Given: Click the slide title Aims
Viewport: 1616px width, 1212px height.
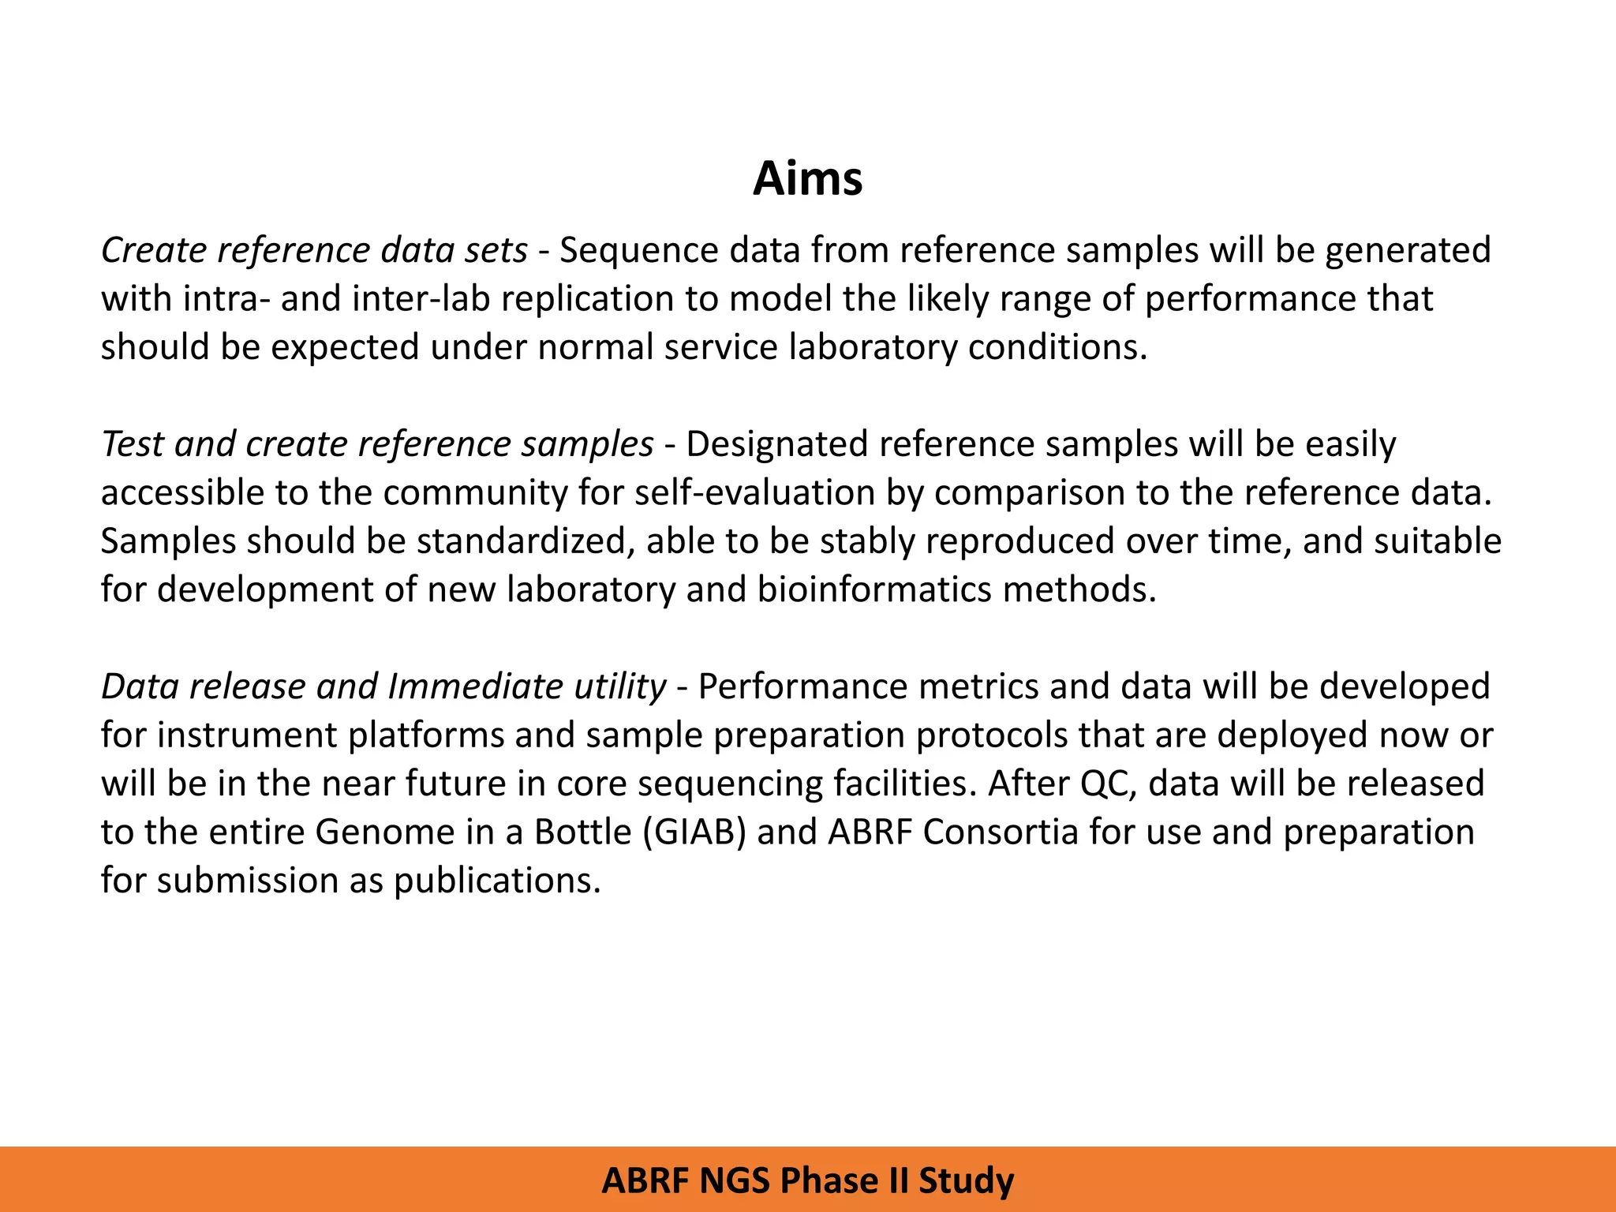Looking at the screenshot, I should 807,178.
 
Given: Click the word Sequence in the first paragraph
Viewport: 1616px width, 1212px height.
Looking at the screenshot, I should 638,250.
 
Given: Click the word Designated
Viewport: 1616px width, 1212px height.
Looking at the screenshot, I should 776,444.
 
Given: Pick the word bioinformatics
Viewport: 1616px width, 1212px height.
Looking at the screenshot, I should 873,590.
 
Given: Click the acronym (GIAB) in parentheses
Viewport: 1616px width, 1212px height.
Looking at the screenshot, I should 694,832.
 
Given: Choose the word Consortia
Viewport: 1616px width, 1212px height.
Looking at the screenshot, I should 1000,832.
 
